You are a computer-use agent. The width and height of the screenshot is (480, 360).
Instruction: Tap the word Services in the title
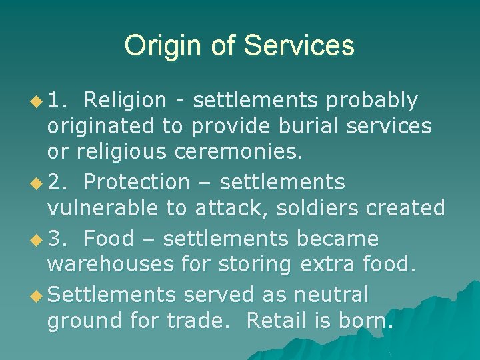click(x=299, y=46)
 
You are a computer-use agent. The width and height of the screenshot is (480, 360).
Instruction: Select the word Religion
click(x=125, y=100)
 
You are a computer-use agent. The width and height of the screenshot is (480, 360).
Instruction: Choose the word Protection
click(x=137, y=181)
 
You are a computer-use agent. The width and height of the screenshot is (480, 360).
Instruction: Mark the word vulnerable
click(x=103, y=208)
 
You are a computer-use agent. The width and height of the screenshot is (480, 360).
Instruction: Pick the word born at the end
click(x=366, y=321)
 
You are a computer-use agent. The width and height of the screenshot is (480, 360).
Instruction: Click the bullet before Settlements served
click(x=38, y=295)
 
